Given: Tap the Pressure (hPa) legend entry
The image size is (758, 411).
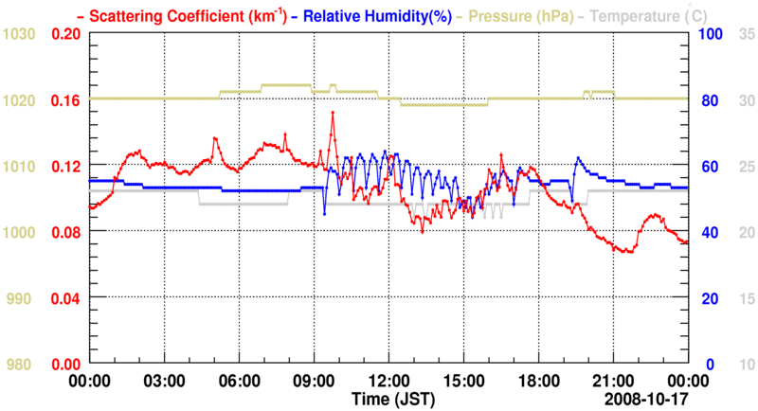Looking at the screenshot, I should pos(512,15).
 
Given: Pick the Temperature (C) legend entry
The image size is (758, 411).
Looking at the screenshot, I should pos(651,15).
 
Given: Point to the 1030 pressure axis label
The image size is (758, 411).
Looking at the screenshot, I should pos(19,34).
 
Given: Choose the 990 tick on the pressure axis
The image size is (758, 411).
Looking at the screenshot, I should pos(23,298).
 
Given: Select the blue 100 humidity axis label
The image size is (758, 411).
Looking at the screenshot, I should pos(710,34).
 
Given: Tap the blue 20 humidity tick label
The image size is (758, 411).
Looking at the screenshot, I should pos(706,298).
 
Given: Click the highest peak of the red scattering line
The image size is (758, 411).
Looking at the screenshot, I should pos(333,112).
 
